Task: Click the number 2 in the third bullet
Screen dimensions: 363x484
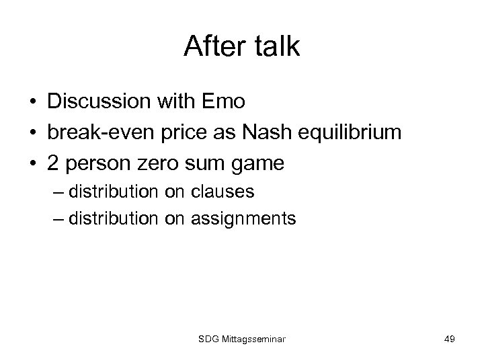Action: [x=54, y=163]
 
